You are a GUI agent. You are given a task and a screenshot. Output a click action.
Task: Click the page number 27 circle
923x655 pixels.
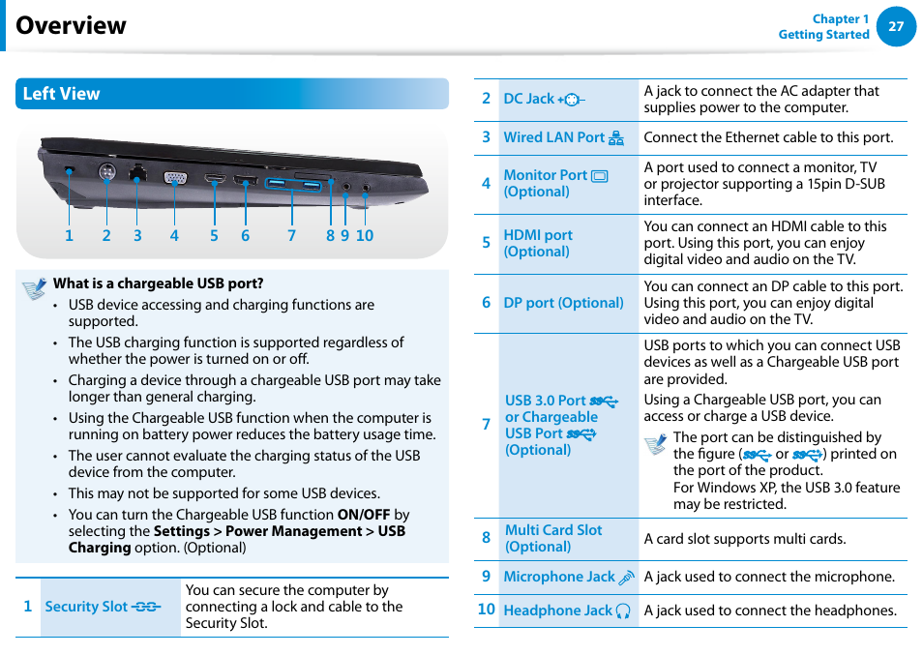(896, 26)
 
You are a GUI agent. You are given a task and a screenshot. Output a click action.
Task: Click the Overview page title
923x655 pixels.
(71, 25)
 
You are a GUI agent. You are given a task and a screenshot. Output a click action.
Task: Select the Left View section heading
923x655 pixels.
(61, 94)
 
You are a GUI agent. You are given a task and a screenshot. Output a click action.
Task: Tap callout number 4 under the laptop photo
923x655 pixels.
(174, 235)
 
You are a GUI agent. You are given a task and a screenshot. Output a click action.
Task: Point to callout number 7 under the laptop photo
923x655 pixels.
(291, 235)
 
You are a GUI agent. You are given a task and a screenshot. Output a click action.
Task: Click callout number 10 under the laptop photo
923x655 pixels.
(364, 235)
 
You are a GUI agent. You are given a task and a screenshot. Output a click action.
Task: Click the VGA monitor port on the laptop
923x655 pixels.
(174, 178)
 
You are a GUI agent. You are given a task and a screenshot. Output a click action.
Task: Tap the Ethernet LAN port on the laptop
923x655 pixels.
(137, 175)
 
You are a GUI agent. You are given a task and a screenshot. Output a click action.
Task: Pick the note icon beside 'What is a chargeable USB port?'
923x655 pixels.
(35, 287)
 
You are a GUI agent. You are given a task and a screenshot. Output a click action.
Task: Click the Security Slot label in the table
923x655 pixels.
(86, 607)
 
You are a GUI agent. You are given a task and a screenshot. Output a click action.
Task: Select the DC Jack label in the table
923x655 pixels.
(529, 99)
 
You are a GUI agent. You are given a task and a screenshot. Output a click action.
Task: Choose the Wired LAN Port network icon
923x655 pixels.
(616, 138)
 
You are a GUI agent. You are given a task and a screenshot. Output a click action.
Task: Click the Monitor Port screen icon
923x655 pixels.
(600, 176)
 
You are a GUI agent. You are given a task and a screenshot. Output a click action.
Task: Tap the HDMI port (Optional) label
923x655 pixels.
(537, 243)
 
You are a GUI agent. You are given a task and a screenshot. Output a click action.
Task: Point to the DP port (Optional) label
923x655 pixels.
(563, 303)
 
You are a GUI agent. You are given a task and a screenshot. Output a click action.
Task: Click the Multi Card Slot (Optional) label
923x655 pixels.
(552, 538)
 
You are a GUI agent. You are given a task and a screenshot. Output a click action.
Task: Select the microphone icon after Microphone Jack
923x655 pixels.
(626, 578)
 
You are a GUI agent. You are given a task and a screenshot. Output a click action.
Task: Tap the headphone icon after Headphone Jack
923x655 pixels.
(623, 610)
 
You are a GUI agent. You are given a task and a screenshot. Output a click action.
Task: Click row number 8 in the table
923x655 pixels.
(486, 538)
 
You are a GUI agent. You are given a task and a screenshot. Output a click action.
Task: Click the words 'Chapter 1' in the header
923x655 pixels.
(840, 19)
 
